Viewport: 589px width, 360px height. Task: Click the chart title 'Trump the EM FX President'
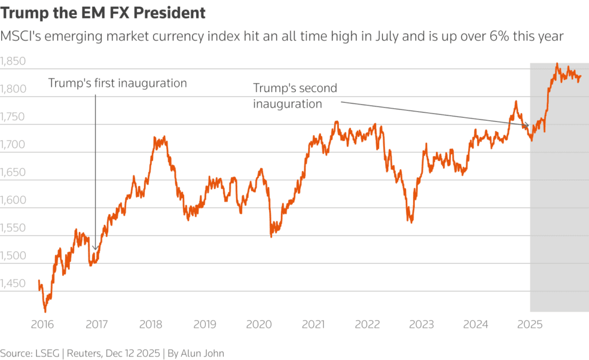tap(103, 13)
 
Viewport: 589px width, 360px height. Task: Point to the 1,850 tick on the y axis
tap(14, 62)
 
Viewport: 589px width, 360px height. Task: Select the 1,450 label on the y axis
tap(14, 284)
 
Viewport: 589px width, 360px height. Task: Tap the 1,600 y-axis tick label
tap(14, 201)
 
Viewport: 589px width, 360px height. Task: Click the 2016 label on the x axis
tap(42, 324)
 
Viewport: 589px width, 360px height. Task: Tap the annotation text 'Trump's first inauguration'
tap(117, 83)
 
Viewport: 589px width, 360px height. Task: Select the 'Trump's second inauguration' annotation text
tap(295, 96)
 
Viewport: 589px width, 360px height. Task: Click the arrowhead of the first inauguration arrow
tap(95, 248)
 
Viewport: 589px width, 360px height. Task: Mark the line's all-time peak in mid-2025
tap(557, 64)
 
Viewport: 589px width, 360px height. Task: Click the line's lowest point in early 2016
tap(45, 311)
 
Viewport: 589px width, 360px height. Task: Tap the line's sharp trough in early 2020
tap(271, 236)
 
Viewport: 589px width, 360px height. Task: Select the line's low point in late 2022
tap(411, 222)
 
